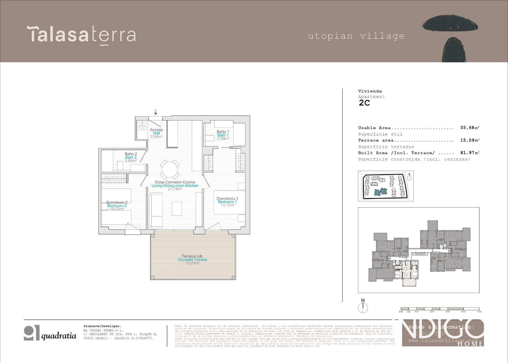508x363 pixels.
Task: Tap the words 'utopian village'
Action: [356, 36]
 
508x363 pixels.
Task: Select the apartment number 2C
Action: [364, 103]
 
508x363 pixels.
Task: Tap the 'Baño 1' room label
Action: [223, 132]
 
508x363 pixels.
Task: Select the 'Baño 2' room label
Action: [131, 154]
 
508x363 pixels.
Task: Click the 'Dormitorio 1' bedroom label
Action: [227, 199]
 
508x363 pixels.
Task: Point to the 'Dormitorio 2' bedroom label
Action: [117, 202]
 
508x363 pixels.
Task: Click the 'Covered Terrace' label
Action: [192, 260]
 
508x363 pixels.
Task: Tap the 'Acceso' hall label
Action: [156, 130]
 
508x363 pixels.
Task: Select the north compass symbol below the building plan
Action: [363, 306]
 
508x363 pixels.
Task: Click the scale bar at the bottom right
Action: [440, 309]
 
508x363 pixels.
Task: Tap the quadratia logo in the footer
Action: [50, 333]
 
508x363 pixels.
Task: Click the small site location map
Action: [386, 186]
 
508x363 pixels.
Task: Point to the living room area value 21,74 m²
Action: [175, 189]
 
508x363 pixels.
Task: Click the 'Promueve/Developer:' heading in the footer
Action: [102, 326]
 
